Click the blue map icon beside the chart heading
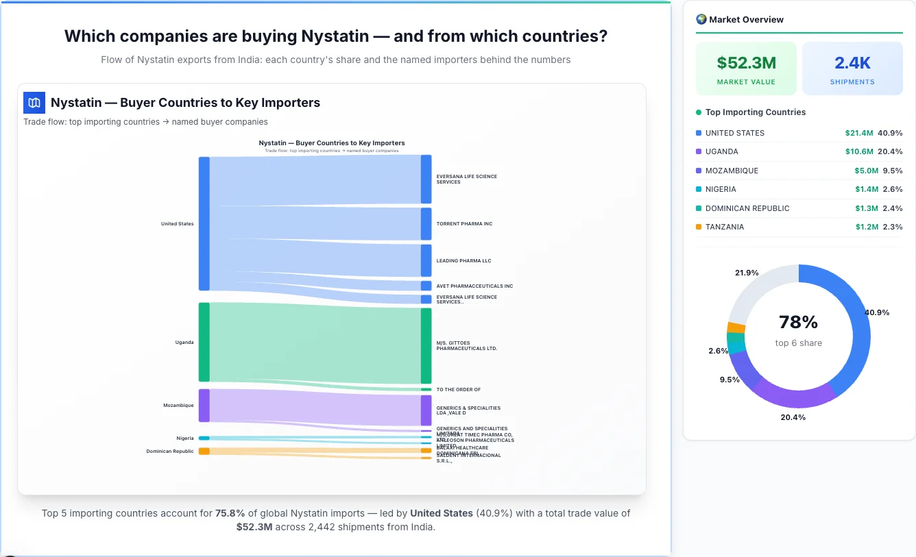[x=34, y=103]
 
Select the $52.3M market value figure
[x=746, y=63]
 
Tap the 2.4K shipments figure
[x=852, y=63]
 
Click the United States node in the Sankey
[x=204, y=223]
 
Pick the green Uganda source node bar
[x=204, y=342]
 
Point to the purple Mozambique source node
[x=204, y=405]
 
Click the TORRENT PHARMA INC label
[x=464, y=224]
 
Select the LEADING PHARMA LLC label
[x=463, y=261]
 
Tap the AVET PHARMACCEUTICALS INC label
[x=474, y=286]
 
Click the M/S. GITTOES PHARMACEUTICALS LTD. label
[x=466, y=346]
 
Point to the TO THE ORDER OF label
[x=458, y=390]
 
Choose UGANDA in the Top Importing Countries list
[x=721, y=151]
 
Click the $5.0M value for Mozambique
[x=866, y=171]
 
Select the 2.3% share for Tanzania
[x=893, y=227]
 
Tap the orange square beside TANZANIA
[x=699, y=227]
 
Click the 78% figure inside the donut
[x=799, y=322]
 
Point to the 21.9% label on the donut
[x=747, y=273]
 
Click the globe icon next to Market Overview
[x=701, y=19]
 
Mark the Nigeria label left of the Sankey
[x=184, y=438]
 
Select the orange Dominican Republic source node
[x=204, y=451]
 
